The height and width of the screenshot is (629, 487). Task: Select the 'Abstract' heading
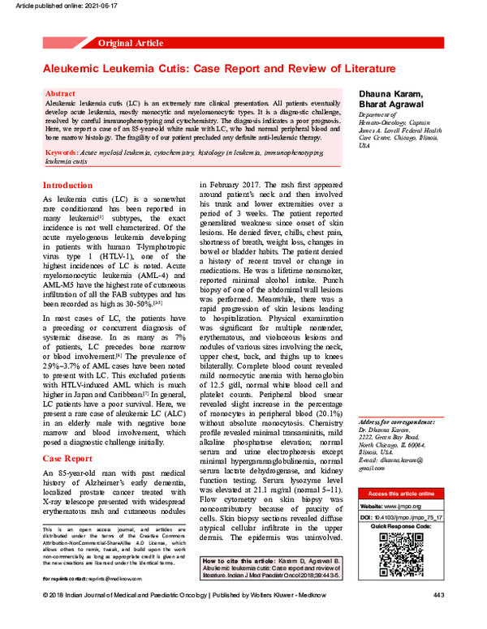(x=62, y=95)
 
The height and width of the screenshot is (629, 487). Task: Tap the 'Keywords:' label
(x=62, y=152)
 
